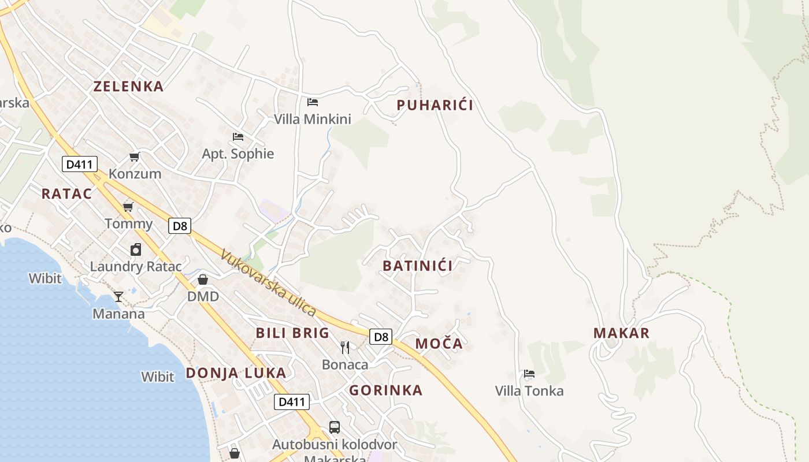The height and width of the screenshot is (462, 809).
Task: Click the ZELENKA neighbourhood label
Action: click(x=128, y=87)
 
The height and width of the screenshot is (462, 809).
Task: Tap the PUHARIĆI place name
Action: click(x=435, y=105)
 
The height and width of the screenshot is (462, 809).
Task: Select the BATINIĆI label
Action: click(x=418, y=266)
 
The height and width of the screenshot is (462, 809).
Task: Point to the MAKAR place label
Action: click(x=621, y=333)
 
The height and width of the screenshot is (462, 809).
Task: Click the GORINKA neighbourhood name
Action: click(x=385, y=390)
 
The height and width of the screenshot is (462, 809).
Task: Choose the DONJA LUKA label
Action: click(x=236, y=373)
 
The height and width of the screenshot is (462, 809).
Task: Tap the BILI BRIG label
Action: click(x=292, y=333)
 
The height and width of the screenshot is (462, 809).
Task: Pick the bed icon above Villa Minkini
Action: click(x=313, y=102)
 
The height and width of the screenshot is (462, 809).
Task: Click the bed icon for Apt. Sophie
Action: click(x=237, y=137)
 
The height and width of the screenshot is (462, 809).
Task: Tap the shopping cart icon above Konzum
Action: click(x=135, y=157)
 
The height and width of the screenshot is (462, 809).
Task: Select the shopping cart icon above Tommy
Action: click(x=128, y=207)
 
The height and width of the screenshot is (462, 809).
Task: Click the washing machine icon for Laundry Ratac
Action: click(x=136, y=249)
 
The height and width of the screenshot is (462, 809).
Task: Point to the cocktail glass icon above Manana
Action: click(x=118, y=297)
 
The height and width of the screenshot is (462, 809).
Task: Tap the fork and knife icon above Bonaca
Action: click(x=345, y=347)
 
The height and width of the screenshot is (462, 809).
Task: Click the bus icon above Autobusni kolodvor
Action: click(x=335, y=427)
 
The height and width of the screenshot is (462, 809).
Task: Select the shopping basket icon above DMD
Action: click(x=203, y=280)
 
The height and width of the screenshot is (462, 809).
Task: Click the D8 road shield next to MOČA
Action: click(x=380, y=337)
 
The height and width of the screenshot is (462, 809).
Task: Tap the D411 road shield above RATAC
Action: click(x=80, y=165)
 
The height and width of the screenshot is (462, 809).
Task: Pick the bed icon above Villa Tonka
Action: click(x=529, y=374)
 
